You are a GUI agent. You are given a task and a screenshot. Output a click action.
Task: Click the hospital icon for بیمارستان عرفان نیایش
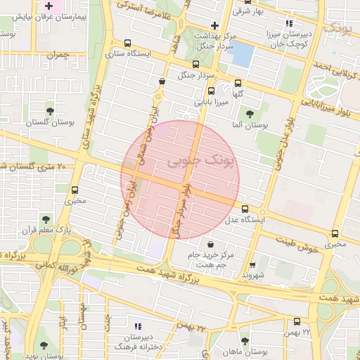tap(49, 6)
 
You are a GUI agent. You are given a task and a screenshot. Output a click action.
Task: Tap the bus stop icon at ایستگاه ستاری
tap(127, 43)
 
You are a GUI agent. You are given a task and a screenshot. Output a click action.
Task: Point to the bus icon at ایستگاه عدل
tap(245, 209)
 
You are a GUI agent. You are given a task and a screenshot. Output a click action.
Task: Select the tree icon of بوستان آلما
tap(250, 114)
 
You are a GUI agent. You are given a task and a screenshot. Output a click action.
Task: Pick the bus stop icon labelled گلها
tap(238, 82)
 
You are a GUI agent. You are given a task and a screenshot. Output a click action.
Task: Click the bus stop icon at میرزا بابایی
tap(210, 91)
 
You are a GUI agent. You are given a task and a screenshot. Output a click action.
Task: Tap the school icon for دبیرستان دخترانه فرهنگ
tap(137, 326)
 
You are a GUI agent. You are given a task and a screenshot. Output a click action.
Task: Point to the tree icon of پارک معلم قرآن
tap(46, 219)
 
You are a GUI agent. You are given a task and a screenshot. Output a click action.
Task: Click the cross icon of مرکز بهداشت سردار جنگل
tap(215, 25)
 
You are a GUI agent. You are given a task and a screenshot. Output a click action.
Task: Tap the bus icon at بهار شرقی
tap(276, 4)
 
